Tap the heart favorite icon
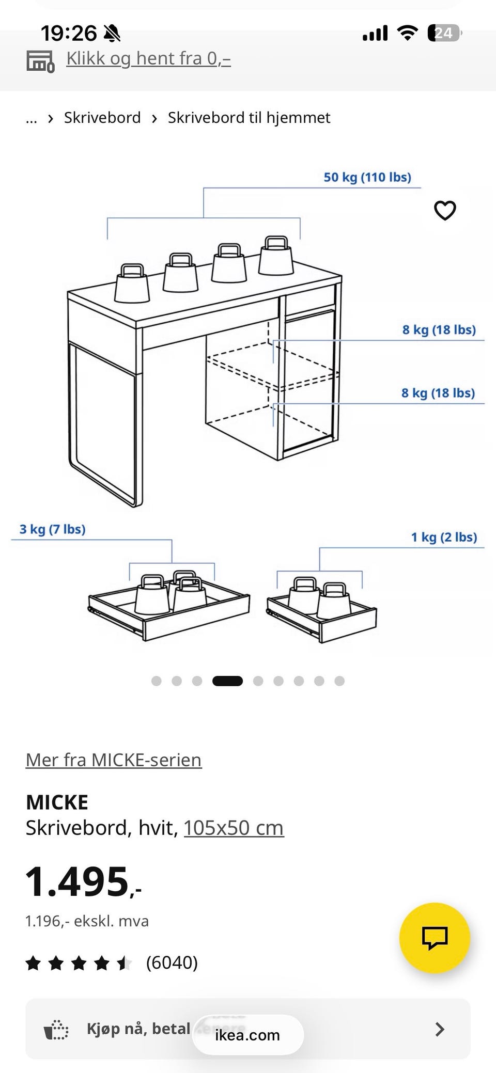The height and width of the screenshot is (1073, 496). point(445,210)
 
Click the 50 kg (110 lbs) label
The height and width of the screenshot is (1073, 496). point(367,177)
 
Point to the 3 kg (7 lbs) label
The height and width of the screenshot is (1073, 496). point(52,529)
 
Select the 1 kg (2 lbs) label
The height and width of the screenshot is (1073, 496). point(444,537)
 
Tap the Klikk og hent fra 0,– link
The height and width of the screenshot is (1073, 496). point(148,58)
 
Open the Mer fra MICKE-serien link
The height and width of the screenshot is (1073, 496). point(114,760)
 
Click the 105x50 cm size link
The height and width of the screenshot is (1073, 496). point(234,828)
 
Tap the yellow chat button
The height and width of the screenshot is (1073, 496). point(435,938)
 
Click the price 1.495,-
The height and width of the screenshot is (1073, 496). point(83,881)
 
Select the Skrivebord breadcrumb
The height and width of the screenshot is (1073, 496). point(102,118)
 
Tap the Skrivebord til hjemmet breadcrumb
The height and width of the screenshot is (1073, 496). point(249,118)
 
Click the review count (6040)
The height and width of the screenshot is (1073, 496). point(172,962)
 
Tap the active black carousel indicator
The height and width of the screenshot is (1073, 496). point(227,681)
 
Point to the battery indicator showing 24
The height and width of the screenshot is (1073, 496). point(444,34)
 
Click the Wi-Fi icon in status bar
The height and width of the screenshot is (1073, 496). point(407,34)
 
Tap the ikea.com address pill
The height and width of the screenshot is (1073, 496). point(247,1035)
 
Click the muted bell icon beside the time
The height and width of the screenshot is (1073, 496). point(112,34)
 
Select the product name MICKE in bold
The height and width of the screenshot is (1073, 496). point(57,802)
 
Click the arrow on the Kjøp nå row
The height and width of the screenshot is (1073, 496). point(440,1029)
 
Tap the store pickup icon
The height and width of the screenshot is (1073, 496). point(40,61)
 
